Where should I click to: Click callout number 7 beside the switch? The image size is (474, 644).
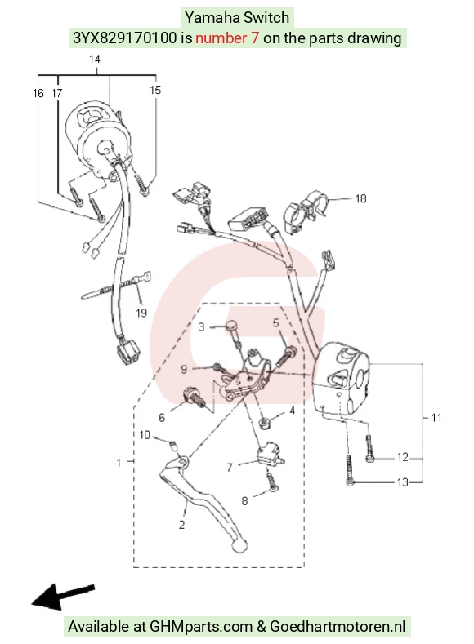tap(230, 467)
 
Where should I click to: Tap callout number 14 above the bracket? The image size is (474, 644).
tap(95, 59)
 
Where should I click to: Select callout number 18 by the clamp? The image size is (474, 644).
tap(360, 199)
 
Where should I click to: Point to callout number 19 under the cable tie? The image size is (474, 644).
tap(141, 313)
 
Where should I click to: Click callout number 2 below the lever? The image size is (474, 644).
tap(181, 525)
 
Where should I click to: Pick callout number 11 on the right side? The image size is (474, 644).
tap(436, 418)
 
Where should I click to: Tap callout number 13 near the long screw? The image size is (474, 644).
tap(402, 482)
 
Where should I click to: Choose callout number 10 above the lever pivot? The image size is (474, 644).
tap(145, 434)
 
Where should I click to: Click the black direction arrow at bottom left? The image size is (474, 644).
tap(63, 596)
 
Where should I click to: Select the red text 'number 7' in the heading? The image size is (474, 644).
tap(227, 38)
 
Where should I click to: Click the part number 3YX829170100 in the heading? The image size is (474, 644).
tap(125, 38)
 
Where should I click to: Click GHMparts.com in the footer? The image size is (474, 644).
tap(201, 627)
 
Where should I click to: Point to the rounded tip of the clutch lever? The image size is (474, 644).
tap(239, 545)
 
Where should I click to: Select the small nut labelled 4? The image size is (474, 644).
tap(263, 423)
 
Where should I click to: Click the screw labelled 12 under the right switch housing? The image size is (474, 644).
tap(369, 449)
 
